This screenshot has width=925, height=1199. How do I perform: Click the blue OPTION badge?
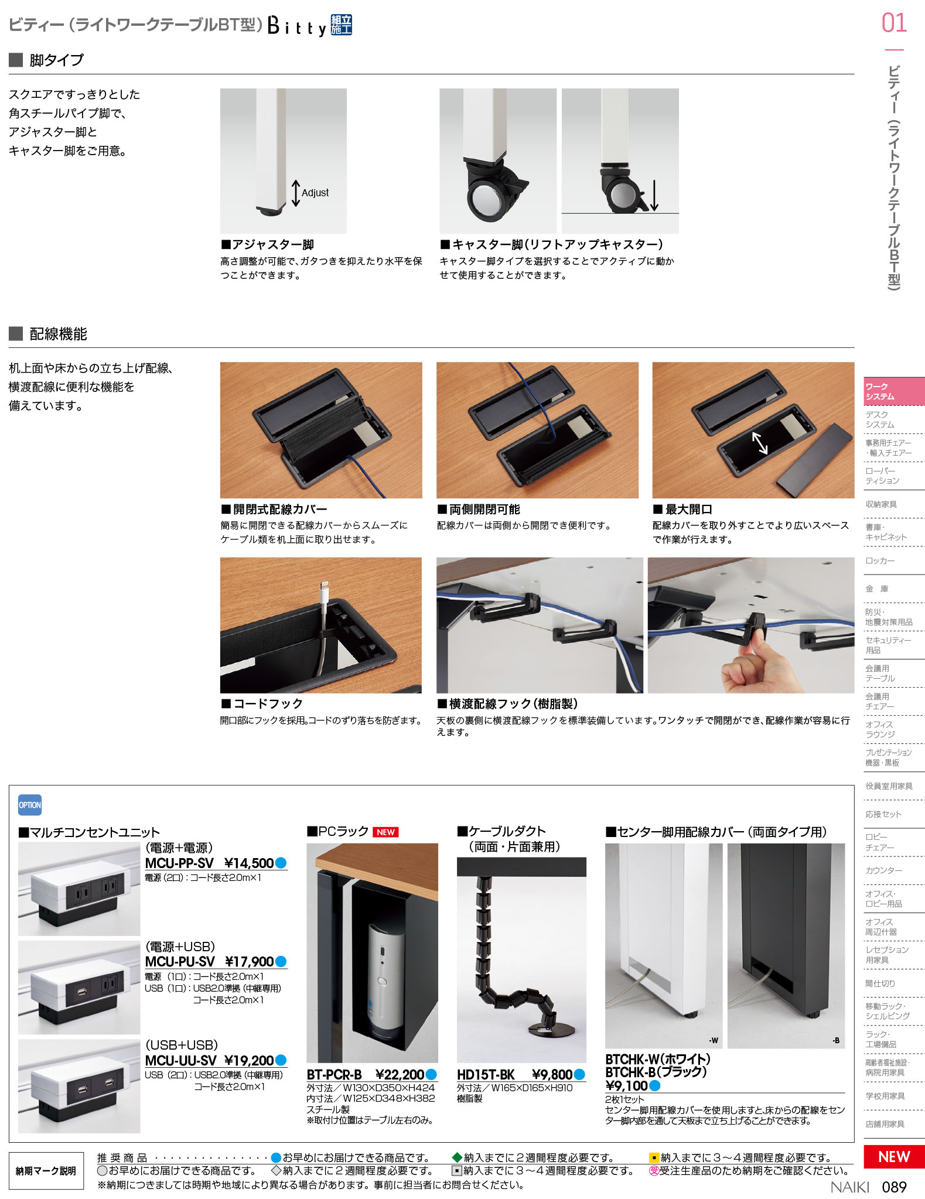pyautogui.click(x=29, y=805)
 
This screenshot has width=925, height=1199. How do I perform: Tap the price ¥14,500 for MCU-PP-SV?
pyautogui.click(x=249, y=863)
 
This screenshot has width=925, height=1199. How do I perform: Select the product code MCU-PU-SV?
pyautogui.click(x=180, y=961)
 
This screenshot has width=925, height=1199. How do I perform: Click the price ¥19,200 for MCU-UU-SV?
pyautogui.click(x=249, y=1060)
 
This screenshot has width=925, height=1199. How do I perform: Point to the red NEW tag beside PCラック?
pyautogui.click(x=385, y=832)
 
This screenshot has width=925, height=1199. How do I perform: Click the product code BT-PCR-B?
pyautogui.click(x=334, y=1074)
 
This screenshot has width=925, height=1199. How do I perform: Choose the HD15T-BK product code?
pyautogui.click(x=485, y=1074)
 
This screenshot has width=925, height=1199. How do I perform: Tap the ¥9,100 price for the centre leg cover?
pyautogui.click(x=626, y=1085)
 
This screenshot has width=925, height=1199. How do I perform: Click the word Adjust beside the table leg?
pyautogui.click(x=315, y=193)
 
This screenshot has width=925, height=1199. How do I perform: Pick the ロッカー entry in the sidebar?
pyautogui.click(x=880, y=561)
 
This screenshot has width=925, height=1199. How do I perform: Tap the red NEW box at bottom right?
pyautogui.click(x=894, y=1156)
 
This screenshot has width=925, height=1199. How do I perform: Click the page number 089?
pyautogui.click(x=894, y=1187)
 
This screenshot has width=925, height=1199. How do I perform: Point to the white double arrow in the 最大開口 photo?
pyautogui.click(x=760, y=442)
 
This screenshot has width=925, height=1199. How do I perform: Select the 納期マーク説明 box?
pyautogui.click(x=46, y=1170)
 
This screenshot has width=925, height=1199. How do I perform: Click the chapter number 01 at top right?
pyautogui.click(x=894, y=23)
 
